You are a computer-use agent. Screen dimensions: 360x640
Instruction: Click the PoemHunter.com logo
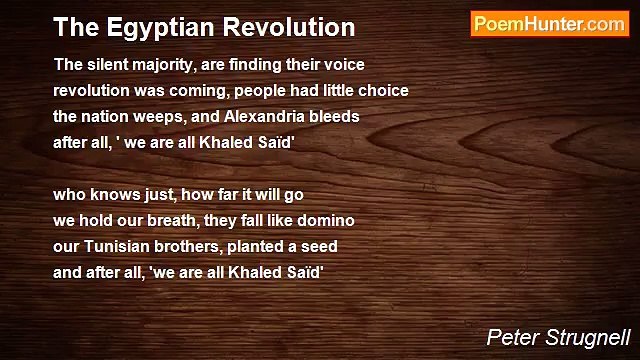pyautogui.click(x=549, y=24)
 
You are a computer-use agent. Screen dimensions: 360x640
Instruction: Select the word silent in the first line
pyautogui.click(x=107, y=63)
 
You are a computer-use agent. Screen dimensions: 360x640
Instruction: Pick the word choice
pyautogui.click(x=385, y=89)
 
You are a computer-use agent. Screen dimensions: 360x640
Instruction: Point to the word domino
pyautogui.click(x=328, y=219)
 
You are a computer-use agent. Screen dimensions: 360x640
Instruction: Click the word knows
pyautogui.click(x=108, y=193)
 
